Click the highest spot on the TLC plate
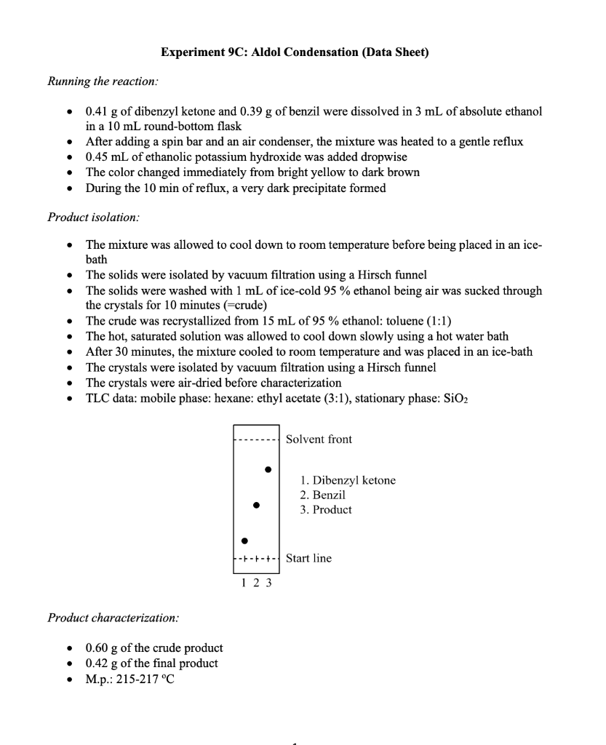coord(268,469)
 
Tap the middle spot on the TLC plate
coord(255,504)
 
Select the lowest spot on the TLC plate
coord(244,541)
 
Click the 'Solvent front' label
coord(319,439)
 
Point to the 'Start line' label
coord(308,559)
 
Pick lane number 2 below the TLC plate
coord(256,583)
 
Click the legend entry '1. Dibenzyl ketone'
coord(348,481)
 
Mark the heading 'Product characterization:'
coord(113,618)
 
